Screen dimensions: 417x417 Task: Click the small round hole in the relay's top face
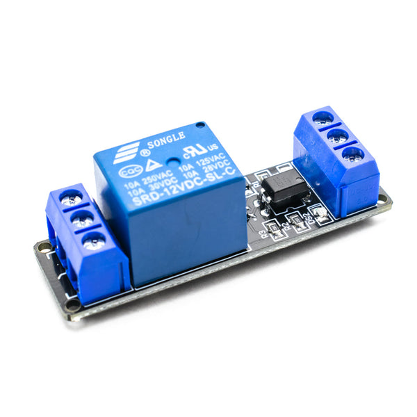click(200, 126)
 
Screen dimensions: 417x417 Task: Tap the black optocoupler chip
click(285, 189)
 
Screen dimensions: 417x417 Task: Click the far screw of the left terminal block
click(69, 197)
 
